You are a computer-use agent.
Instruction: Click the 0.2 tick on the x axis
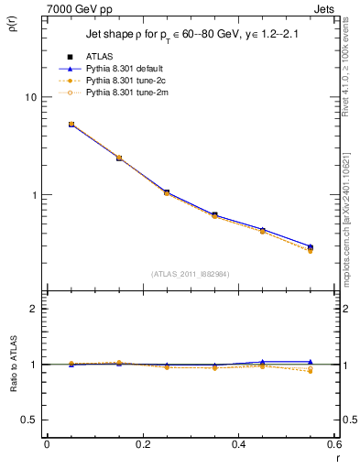142,444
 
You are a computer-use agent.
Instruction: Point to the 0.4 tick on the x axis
238,444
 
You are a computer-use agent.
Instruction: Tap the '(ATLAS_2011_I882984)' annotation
190,274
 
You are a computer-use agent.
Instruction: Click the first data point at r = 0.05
71,124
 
